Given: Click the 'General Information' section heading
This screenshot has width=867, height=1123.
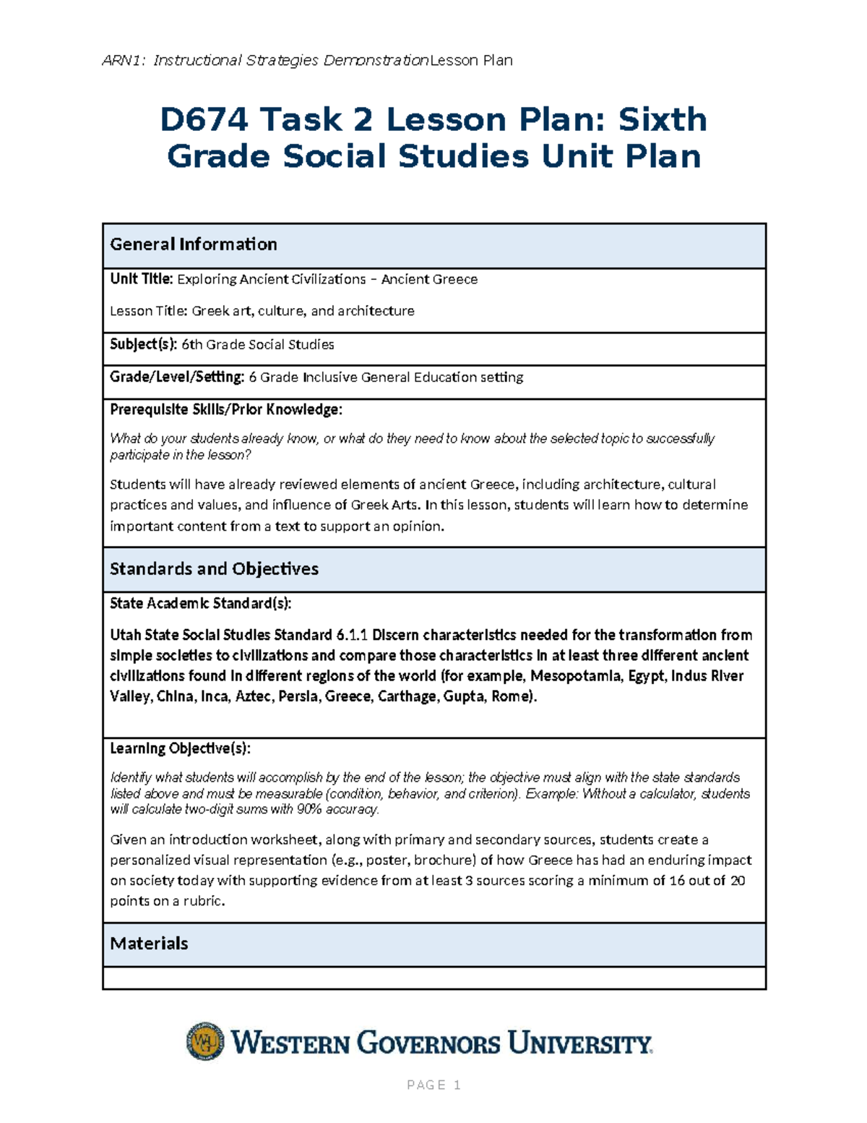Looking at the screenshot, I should (193, 244).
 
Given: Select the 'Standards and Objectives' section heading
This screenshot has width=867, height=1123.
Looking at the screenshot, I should (214, 569).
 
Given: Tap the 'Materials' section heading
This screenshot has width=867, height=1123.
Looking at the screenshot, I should (149, 944).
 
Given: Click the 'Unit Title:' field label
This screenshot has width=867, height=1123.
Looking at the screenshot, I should (141, 279).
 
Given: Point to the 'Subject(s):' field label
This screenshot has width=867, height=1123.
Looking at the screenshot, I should (143, 344).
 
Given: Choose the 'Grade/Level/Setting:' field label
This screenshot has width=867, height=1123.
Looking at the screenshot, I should (177, 377).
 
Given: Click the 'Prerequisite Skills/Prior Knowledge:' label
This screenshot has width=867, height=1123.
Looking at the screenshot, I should (225, 409).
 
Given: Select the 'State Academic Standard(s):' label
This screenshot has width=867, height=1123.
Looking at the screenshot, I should (200, 603).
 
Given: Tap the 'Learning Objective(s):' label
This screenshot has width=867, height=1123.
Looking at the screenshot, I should (180, 748).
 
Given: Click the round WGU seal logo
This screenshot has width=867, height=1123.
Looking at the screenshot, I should (205, 1041).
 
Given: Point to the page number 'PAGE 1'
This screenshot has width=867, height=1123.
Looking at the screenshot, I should (433, 1085).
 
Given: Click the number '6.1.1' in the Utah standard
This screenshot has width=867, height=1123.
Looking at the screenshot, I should (352, 636).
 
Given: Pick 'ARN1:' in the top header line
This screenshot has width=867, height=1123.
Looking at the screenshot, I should (124, 61).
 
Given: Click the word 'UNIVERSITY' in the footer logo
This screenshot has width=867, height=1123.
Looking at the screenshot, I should (579, 1043).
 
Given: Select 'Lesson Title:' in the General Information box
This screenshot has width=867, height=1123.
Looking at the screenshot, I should (148, 311).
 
